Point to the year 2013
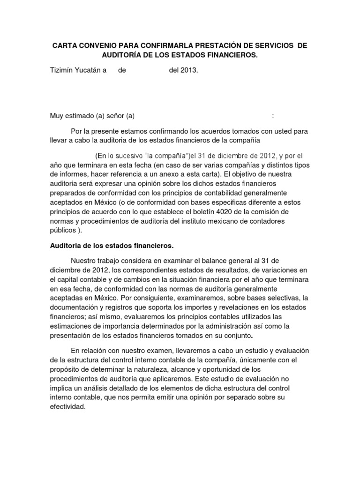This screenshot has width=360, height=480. [x=189, y=71]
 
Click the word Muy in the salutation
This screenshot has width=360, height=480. [x=57, y=116]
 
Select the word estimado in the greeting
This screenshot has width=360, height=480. [x=80, y=116]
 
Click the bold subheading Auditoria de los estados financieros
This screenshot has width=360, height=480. [x=112, y=245]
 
